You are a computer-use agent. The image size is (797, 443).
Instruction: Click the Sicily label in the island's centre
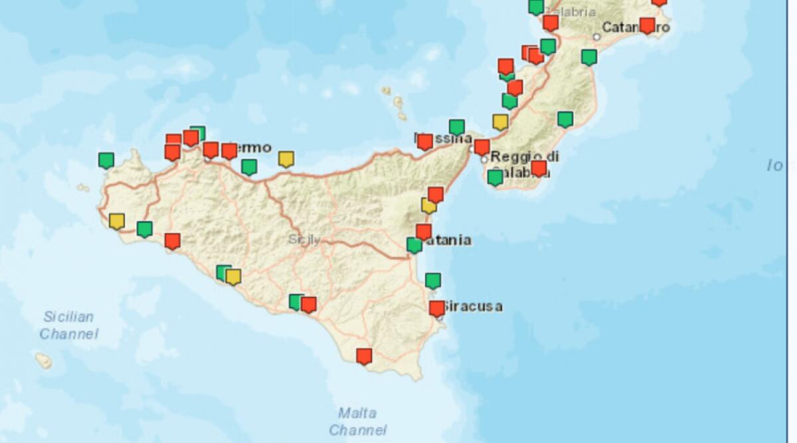pos(304,240)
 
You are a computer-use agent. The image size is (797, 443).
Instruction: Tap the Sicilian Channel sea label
pos(68,325)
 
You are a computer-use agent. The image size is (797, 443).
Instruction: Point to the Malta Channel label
pos(358,421)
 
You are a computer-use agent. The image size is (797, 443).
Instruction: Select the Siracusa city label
pos(473,306)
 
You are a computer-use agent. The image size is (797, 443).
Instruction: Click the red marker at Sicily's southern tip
pos(363,356)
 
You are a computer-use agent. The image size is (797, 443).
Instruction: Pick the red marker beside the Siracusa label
pos(436,308)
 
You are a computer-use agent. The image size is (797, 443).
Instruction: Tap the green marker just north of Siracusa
pos(433,280)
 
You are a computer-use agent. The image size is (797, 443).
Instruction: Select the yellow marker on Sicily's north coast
pos(286,159)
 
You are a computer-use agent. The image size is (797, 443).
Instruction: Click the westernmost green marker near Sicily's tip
pos(106,160)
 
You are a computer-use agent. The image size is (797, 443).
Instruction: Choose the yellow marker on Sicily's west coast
pos(117,221)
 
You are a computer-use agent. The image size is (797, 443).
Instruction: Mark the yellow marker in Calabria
pos(500,122)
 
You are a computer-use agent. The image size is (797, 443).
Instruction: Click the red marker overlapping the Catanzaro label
pos(647,25)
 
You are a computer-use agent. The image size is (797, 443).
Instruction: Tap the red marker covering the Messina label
pos(425,141)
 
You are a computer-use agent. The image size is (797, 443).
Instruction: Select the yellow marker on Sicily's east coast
pos(428,206)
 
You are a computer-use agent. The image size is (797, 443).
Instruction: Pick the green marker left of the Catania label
pos(414,245)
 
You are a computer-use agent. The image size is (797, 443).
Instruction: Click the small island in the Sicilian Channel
pos(43,361)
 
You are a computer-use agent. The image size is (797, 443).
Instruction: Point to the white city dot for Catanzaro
pos(596,37)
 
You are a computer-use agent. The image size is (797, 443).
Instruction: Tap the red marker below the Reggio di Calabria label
pos(539,168)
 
